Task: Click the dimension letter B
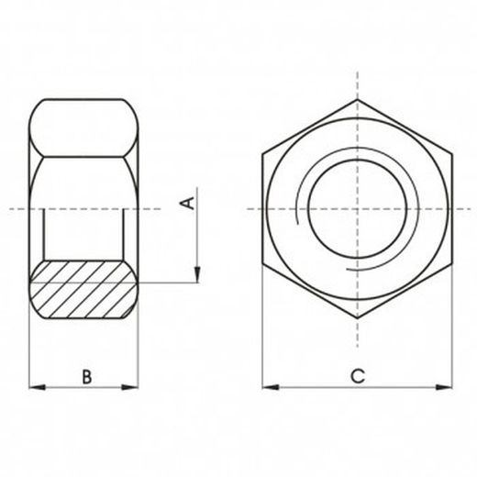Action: coord(86,376)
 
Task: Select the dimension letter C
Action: coord(358,376)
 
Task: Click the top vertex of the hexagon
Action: coord(357,99)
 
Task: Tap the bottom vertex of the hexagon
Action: coord(357,318)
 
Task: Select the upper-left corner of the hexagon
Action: coord(262,153)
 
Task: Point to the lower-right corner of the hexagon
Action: coord(451,264)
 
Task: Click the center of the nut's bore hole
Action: coord(357,209)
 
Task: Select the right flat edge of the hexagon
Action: coord(451,209)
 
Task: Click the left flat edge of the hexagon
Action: coord(262,209)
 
